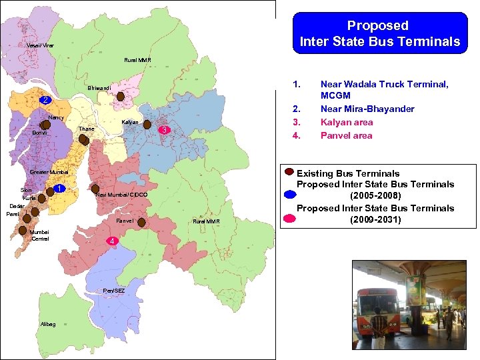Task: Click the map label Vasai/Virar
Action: coord(41,45)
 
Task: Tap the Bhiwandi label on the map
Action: coord(99,89)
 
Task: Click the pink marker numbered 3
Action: coord(165,129)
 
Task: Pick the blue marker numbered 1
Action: coord(59,189)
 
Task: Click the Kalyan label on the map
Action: coord(130,123)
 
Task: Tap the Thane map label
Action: coord(86,129)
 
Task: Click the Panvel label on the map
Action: coord(125,221)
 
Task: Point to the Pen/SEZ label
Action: coord(113,291)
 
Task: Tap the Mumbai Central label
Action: coord(39,235)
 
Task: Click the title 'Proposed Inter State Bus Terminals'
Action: coord(379,33)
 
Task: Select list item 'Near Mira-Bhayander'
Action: coord(367,109)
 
